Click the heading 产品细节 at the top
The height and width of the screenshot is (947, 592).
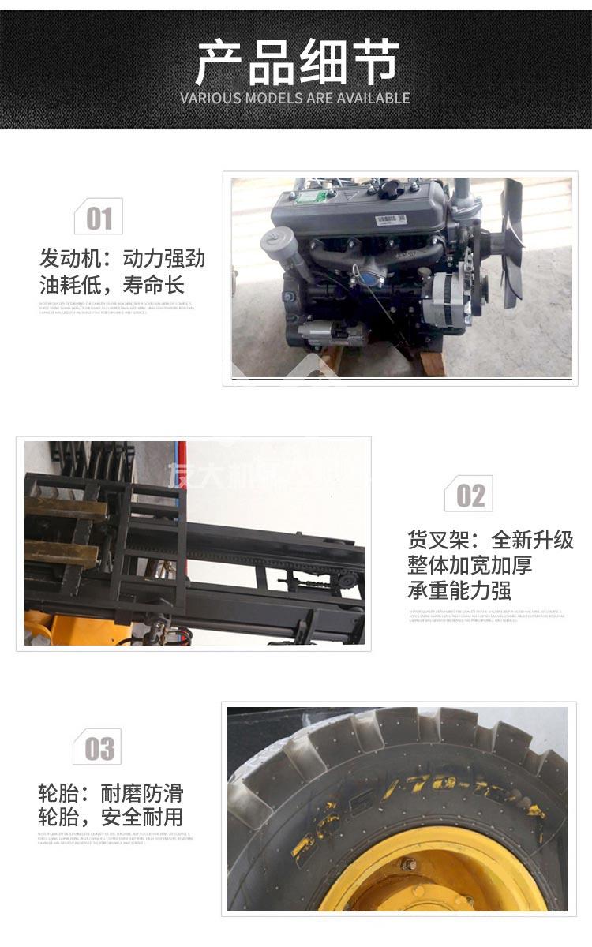point(296,63)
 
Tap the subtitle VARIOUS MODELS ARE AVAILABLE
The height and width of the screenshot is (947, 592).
point(295,99)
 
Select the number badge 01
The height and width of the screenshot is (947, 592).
point(99,217)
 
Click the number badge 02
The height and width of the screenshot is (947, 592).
point(470,495)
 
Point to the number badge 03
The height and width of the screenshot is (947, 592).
point(99,748)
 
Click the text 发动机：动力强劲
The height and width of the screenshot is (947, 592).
point(122,258)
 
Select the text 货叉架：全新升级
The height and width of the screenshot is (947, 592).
point(490,540)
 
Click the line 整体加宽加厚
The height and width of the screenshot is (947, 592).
point(470,565)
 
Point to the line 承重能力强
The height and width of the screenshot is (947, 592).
point(459,590)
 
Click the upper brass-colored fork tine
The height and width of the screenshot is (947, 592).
point(66,509)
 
